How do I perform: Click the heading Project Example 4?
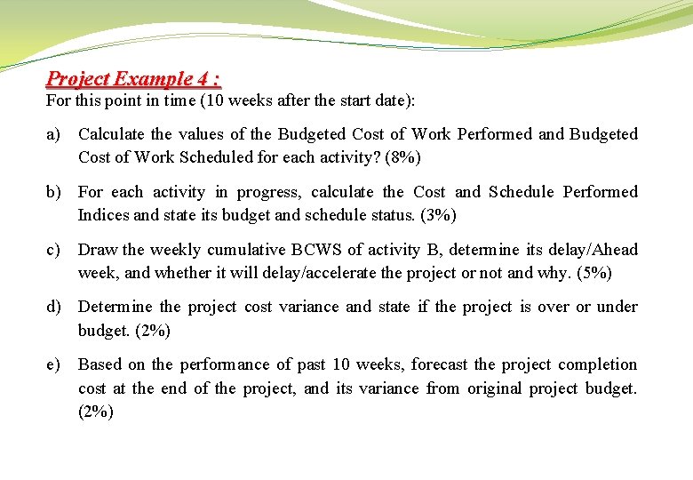tap(133, 79)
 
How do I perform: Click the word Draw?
tap(98, 250)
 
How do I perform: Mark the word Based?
tap(100, 364)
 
